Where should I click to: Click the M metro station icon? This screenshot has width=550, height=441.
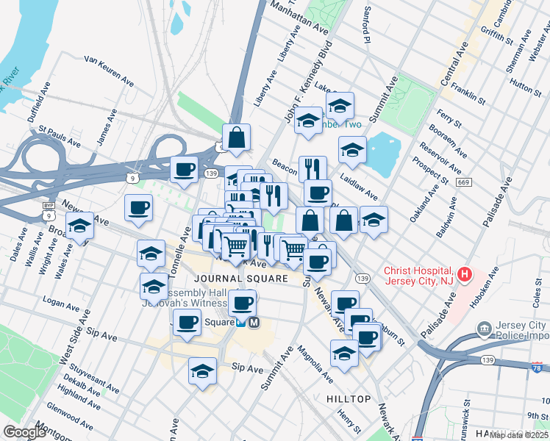(254, 322)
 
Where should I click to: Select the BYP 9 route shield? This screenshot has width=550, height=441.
(48, 212)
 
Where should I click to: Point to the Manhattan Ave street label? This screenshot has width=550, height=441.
(299, 17)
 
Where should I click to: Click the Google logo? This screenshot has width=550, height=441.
(24, 432)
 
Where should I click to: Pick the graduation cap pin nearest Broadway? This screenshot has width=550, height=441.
(80, 227)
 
